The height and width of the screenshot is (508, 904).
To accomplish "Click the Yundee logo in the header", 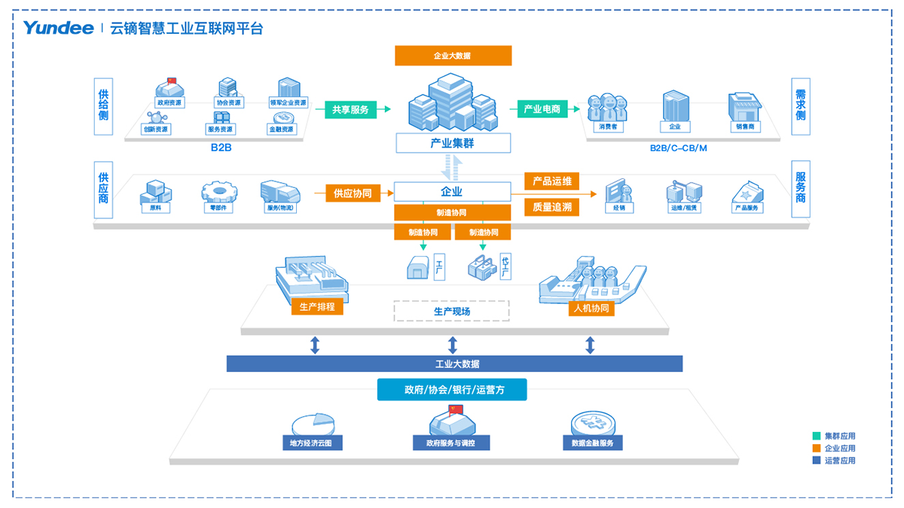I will [58, 29].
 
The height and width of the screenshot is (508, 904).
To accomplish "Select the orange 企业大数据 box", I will [453, 56].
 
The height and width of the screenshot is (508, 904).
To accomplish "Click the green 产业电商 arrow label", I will [542, 110].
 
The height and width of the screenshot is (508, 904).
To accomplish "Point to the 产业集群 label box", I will [453, 143].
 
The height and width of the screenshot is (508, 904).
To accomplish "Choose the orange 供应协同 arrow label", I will [353, 193].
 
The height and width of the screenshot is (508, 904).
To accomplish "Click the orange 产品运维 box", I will [552, 181].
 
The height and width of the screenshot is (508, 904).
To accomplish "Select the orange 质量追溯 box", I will [552, 207].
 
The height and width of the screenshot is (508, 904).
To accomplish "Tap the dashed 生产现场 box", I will [452, 311].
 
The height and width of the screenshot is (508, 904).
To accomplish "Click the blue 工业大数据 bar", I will [454, 364].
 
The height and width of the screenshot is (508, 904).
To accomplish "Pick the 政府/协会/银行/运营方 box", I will [452, 390].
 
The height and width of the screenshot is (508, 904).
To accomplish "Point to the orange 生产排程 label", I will [317, 307].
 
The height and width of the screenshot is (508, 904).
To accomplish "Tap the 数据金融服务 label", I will [592, 443].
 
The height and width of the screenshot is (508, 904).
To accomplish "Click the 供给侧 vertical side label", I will [103, 106].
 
